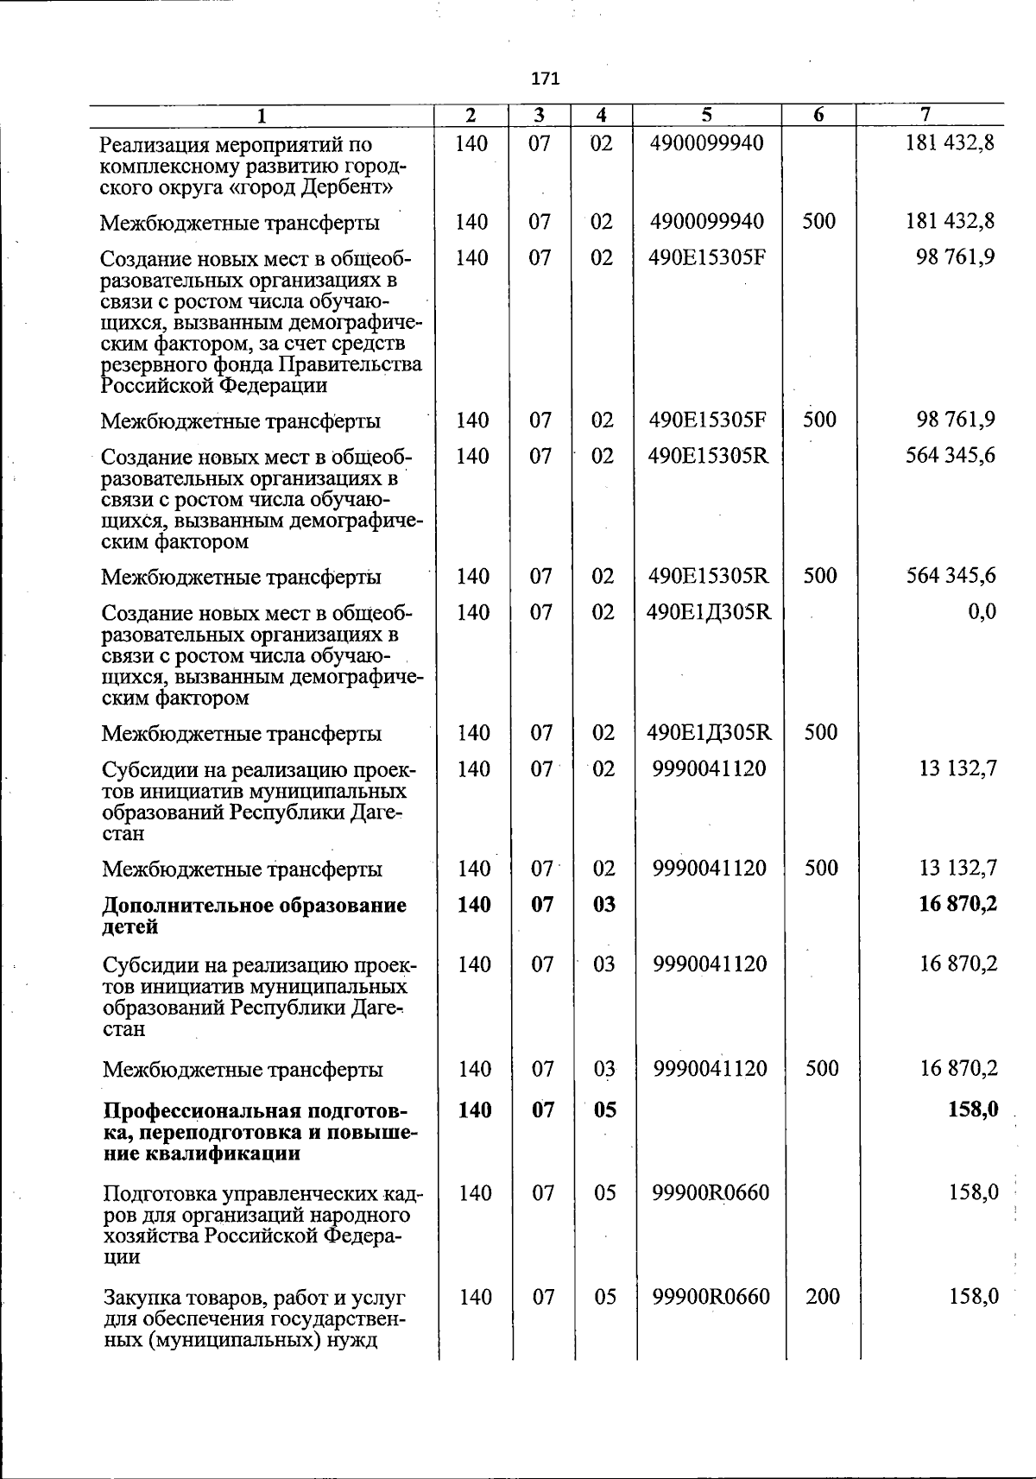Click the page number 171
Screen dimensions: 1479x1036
click(546, 79)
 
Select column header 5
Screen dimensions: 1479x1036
click(706, 115)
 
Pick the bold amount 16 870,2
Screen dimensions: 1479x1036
click(958, 905)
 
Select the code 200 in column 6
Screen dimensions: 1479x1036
click(822, 1296)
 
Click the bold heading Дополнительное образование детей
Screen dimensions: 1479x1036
click(254, 915)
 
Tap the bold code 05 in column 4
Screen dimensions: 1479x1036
click(604, 1109)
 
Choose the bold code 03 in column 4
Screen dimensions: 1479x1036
click(603, 905)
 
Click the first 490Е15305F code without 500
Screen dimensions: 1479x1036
click(707, 258)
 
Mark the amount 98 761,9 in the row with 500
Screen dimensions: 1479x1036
click(956, 420)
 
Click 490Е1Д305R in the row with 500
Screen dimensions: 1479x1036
click(709, 733)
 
